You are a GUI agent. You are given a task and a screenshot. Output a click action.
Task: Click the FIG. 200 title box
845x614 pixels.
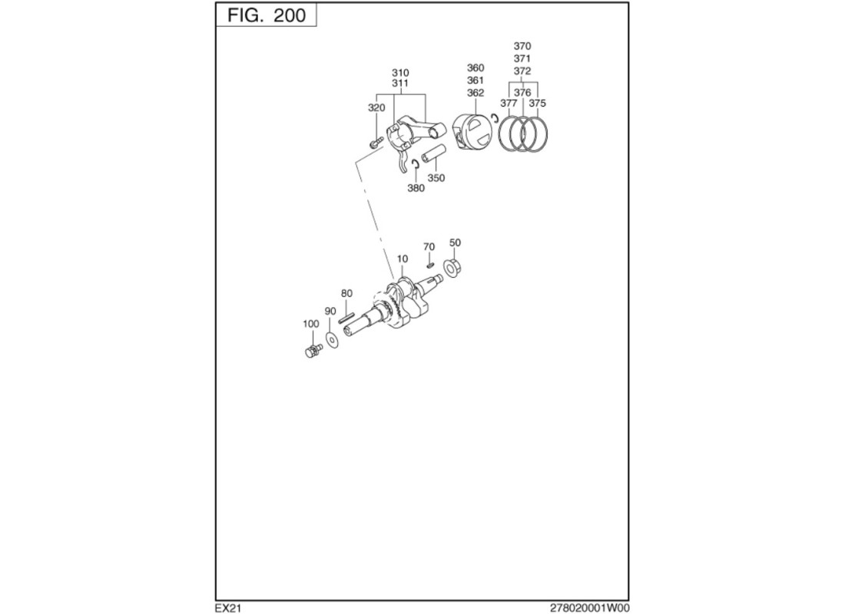[x=267, y=15]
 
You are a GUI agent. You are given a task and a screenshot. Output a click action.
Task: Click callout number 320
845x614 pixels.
[x=376, y=108]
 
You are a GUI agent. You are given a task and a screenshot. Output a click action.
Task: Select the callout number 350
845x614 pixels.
[x=436, y=178]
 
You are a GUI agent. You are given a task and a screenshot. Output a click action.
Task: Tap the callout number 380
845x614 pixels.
[x=416, y=188]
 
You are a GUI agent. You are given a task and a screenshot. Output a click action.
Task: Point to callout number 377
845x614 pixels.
[x=509, y=103]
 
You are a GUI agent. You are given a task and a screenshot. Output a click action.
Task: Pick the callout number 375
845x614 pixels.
[x=538, y=103]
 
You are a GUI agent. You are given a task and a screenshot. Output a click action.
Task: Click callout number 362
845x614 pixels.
[x=476, y=93]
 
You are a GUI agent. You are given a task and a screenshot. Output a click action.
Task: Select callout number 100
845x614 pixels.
[x=310, y=324]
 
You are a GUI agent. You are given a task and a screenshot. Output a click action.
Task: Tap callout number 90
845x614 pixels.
[x=330, y=311]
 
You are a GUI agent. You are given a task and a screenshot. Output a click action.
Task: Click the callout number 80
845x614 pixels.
[x=346, y=293]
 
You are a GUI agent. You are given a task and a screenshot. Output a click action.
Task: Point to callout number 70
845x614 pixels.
[x=429, y=247]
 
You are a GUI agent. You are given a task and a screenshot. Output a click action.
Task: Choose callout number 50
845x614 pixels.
[x=455, y=243]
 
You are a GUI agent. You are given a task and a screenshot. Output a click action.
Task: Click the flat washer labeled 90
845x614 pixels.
[x=333, y=338]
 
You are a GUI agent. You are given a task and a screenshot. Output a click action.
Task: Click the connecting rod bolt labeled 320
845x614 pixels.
[x=376, y=142]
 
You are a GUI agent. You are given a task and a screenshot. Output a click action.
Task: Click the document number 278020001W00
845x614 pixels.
[x=589, y=608]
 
